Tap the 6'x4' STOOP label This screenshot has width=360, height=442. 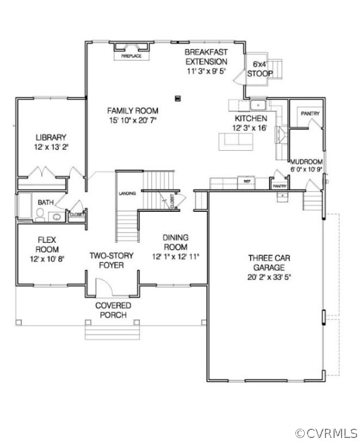(x=260, y=68)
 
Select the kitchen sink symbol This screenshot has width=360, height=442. (x=257, y=105)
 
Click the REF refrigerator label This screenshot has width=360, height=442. (x=247, y=181)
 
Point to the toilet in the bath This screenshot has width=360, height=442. (x=40, y=215)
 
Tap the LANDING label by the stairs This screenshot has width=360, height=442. (x=127, y=193)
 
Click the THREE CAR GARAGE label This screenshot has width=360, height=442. (x=266, y=262)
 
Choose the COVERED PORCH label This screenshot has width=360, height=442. (x=113, y=310)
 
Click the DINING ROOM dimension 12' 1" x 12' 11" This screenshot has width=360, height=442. (x=176, y=257)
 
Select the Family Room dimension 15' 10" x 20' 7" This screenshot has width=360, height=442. (x=132, y=120)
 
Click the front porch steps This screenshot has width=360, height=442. (x=112, y=332)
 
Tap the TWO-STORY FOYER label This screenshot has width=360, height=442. (x=112, y=260)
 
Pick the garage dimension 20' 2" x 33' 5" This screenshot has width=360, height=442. (x=266, y=277)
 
